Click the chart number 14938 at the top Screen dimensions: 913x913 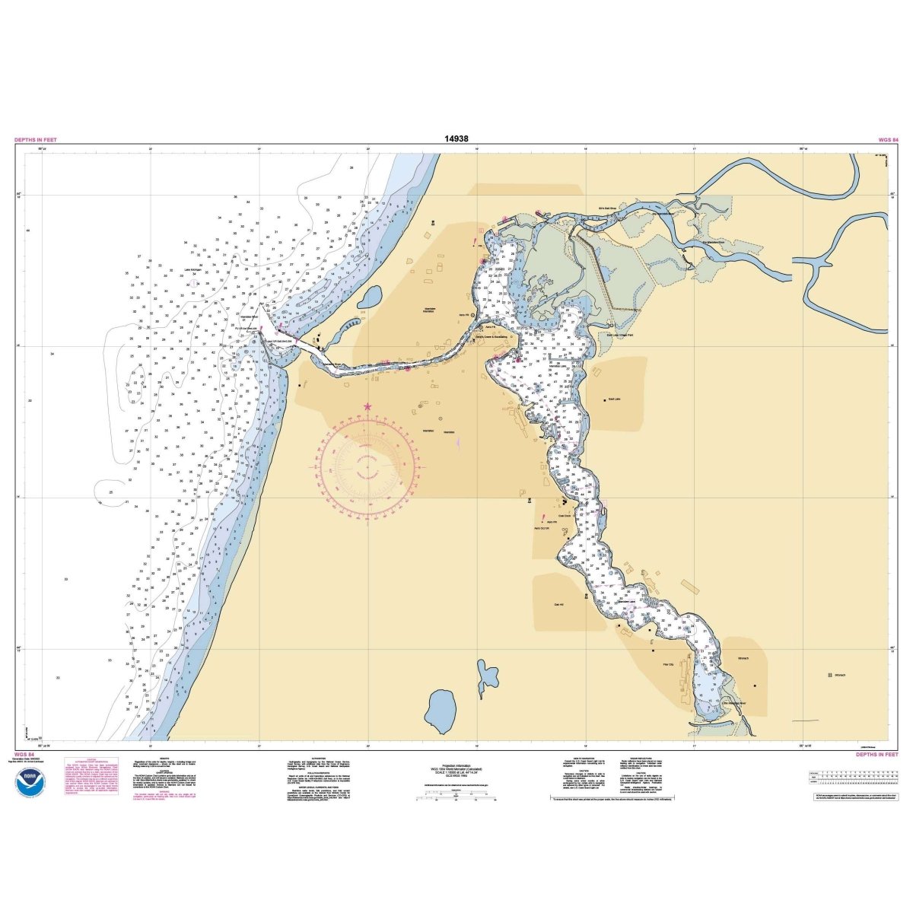456,139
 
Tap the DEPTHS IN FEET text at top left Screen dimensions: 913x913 35,140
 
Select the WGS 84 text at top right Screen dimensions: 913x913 888,140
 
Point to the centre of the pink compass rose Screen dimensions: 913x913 369,467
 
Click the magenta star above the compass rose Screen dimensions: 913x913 368,407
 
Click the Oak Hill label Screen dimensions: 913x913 559,605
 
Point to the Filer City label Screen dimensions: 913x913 669,663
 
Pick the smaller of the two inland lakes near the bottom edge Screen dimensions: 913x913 484,676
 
